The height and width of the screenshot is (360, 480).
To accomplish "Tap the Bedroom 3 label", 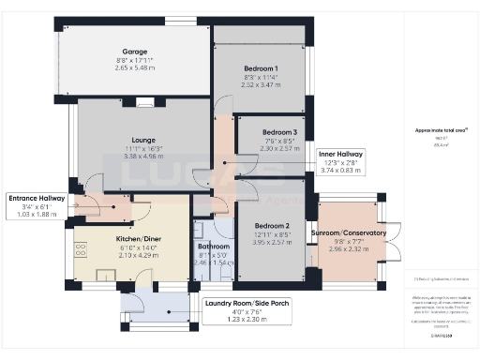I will pyautogui.click(x=280, y=132).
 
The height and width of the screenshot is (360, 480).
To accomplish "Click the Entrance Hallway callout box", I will pyautogui.click(x=37, y=205).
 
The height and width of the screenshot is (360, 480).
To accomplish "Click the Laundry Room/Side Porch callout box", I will pyautogui.click(x=247, y=309).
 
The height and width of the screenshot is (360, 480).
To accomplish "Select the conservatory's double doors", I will pyautogui.click(x=394, y=241).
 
